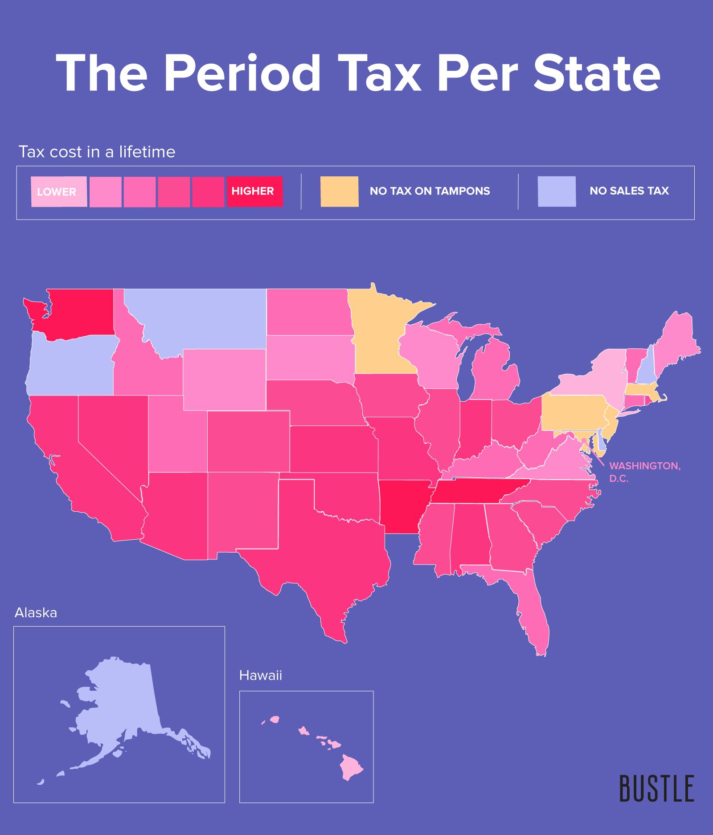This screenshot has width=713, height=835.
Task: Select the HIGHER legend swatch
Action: point(254,191)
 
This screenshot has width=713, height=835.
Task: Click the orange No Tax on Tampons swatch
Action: point(339,191)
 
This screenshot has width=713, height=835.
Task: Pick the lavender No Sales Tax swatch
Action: point(556,191)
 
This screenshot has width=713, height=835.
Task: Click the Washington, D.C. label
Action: point(644,472)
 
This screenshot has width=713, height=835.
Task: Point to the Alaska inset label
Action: point(36,613)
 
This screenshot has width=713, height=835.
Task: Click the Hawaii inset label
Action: point(261,676)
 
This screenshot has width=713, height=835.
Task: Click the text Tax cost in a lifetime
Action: point(97,152)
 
